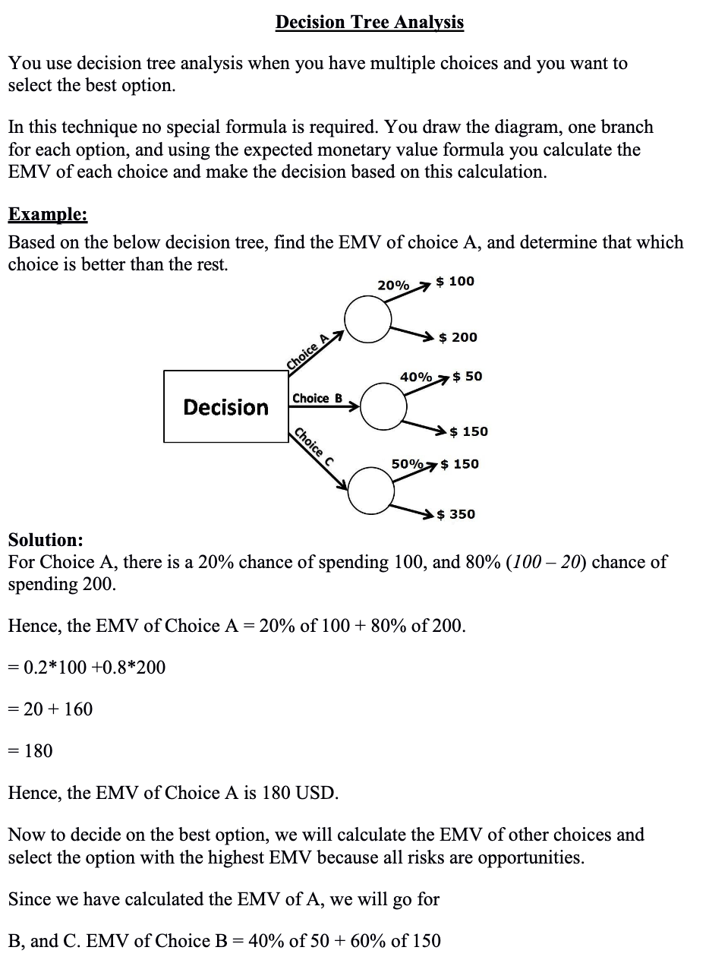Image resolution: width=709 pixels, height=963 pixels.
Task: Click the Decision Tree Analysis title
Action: pos(369,22)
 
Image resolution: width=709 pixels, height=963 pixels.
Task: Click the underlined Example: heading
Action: pos(48,214)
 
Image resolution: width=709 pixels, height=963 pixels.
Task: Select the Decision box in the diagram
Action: pos(225,407)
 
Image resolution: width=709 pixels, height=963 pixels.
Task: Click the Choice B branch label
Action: pos(317,398)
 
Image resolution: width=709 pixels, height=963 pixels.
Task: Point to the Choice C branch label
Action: pos(314,448)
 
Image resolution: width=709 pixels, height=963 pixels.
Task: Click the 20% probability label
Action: pos(392,286)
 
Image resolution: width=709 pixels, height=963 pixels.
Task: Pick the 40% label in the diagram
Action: pos(416,377)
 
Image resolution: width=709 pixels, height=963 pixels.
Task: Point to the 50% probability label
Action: pos(407,463)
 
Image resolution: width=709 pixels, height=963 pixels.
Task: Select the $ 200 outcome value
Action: pos(458,336)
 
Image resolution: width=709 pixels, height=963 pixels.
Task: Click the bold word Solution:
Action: pos(46,540)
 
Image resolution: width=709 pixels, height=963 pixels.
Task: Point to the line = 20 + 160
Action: pos(50,709)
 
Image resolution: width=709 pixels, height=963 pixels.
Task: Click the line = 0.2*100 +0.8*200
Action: pos(87,668)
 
